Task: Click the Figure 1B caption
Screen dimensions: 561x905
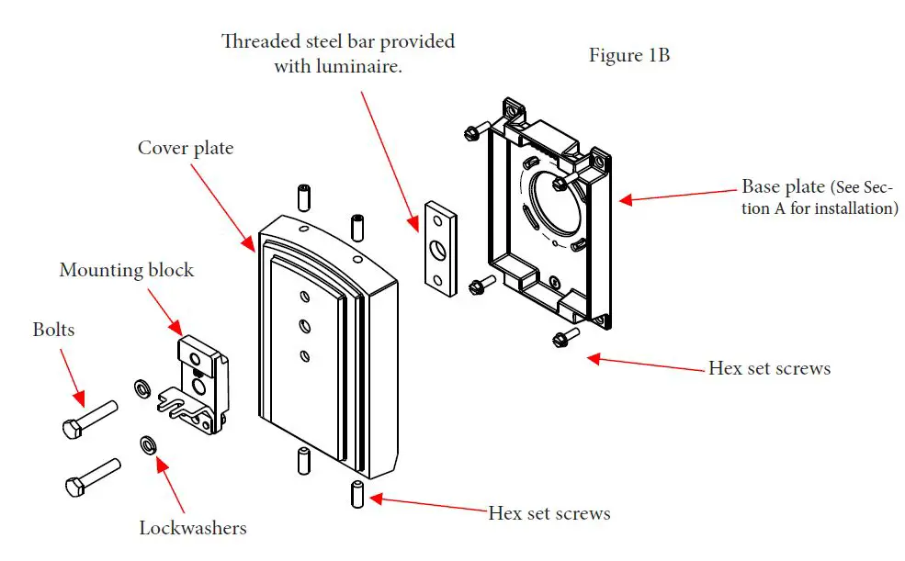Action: [629, 55]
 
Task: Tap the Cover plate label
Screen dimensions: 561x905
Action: [186, 148]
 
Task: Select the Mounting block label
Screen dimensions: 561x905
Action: [127, 270]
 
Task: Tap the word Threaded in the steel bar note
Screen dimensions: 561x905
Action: [261, 42]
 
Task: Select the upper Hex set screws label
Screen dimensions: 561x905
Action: [769, 368]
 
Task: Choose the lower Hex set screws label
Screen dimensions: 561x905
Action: [549, 511]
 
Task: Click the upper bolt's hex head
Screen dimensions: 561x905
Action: [73, 427]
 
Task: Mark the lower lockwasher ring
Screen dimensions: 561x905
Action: [147, 446]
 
